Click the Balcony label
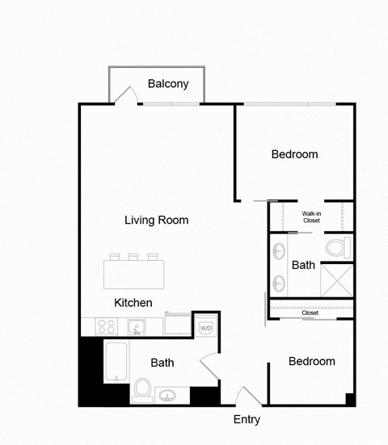[x=168, y=83]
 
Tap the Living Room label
[x=156, y=220]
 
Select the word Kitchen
[x=133, y=303]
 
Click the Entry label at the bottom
[x=247, y=419]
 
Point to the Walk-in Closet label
[x=311, y=216]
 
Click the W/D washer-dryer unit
[x=206, y=328]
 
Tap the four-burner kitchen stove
[x=106, y=327]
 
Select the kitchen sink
[x=137, y=327]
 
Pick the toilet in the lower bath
[x=143, y=389]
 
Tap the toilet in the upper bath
[x=335, y=247]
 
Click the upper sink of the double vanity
[x=279, y=249]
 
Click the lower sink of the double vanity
[x=279, y=283]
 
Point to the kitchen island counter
[x=134, y=275]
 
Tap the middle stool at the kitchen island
[x=133, y=258]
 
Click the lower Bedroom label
[x=311, y=361]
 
